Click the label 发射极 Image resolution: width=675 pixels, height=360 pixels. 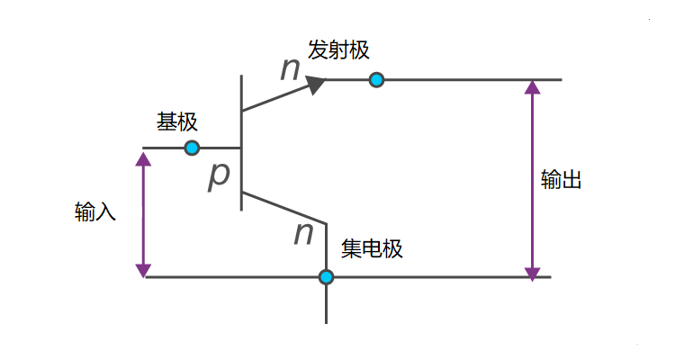point(338,50)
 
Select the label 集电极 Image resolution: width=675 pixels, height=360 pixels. point(372,248)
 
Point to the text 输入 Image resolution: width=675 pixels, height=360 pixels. point(95,213)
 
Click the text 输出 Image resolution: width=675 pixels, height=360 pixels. point(562,180)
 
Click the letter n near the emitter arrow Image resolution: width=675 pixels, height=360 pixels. point(290,69)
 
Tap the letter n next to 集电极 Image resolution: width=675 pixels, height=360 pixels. point(303,234)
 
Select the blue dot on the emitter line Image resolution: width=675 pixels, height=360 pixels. point(377,80)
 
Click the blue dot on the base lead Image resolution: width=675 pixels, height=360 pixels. point(192,148)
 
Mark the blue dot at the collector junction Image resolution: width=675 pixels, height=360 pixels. point(326,277)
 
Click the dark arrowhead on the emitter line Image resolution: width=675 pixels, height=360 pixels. point(315,85)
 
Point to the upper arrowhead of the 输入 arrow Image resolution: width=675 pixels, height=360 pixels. point(142,158)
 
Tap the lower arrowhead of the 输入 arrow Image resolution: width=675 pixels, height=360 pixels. point(142,269)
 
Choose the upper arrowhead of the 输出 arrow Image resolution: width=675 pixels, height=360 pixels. point(533,88)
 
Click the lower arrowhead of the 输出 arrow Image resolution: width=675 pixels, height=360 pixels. point(533,270)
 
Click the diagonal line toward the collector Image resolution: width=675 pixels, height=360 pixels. point(283,207)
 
